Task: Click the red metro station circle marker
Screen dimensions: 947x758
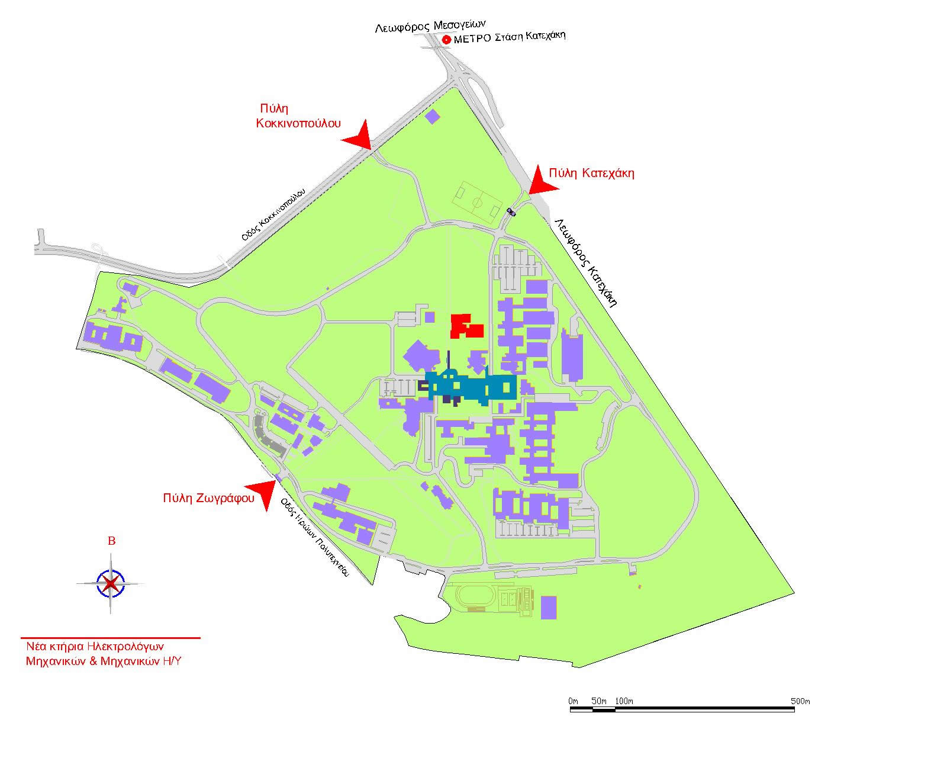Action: click(446, 40)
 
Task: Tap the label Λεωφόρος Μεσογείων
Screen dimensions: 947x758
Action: click(430, 27)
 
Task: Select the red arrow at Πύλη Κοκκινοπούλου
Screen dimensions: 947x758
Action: click(358, 134)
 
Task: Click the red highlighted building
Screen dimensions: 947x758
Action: click(466, 326)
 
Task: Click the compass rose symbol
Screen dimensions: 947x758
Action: click(111, 583)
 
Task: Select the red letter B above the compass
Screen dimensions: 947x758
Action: click(112, 541)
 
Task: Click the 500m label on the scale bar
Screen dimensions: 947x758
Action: click(800, 701)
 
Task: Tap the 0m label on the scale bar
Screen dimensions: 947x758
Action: click(573, 701)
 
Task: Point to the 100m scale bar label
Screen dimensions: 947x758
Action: click(624, 701)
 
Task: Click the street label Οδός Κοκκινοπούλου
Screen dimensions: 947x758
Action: click(273, 214)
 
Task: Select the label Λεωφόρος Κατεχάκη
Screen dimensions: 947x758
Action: click(586, 262)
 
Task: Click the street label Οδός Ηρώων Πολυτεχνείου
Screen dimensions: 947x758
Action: click(315, 537)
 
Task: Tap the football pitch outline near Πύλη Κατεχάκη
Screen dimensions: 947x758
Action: click(477, 203)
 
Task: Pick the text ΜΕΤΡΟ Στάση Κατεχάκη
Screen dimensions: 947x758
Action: click(510, 37)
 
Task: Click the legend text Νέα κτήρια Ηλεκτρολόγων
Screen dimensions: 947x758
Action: click(95, 647)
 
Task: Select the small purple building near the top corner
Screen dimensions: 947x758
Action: click(433, 117)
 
